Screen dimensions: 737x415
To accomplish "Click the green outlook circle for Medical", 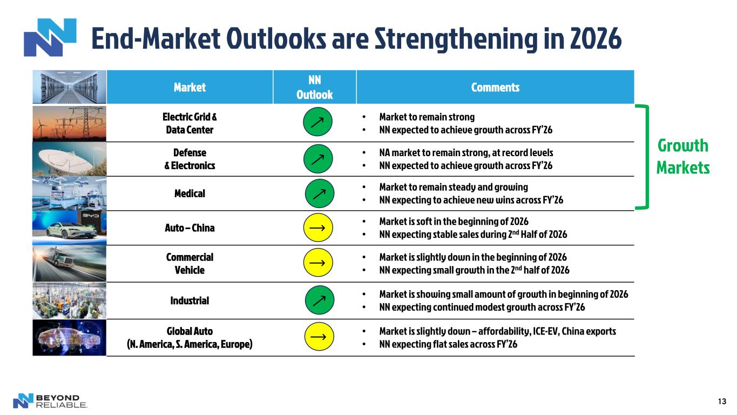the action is click(x=320, y=193).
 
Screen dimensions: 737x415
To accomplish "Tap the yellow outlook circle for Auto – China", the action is click(x=318, y=227).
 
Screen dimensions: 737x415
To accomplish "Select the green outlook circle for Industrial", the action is click(x=320, y=300).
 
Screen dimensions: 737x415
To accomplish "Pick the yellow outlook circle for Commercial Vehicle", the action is click(x=318, y=263).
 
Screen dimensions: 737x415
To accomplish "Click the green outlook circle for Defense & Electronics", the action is click(x=318, y=159).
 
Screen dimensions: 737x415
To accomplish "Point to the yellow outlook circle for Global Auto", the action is click(x=319, y=336).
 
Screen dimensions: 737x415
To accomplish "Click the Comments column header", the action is click(x=495, y=88).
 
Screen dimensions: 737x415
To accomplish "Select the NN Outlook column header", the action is click(x=315, y=88).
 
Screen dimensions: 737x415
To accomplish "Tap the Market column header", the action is click(x=190, y=88).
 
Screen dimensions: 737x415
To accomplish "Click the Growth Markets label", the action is click(x=683, y=157).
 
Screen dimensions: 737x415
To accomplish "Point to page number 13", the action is click(x=722, y=401).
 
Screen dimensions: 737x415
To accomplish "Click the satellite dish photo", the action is click(x=70, y=159).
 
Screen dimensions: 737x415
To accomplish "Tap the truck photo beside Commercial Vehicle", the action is click(x=70, y=264).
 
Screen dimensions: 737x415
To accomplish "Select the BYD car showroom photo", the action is click(x=70, y=227).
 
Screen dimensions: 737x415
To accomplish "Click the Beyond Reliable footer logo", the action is click(x=50, y=401).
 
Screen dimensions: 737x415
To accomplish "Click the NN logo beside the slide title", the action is click(x=50, y=37).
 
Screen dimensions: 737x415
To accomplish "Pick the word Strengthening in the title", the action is click(x=457, y=39).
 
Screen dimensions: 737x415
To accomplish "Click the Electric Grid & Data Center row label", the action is click(x=190, y=123).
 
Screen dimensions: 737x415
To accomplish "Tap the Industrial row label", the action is click(x=190, y=300).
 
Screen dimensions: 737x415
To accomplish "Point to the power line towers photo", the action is click(x=70, y=124).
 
